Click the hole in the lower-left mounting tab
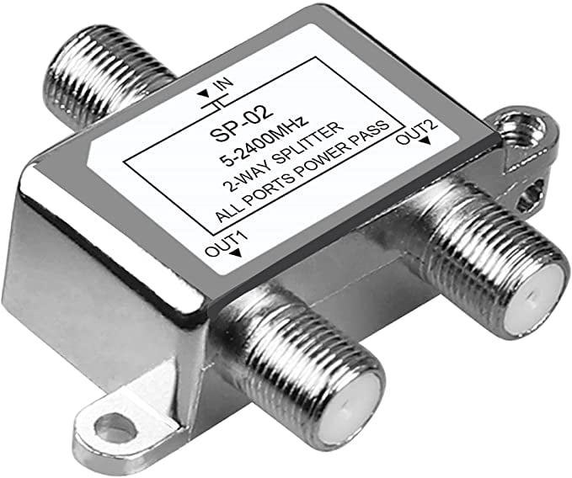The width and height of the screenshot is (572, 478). coord(115,429)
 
